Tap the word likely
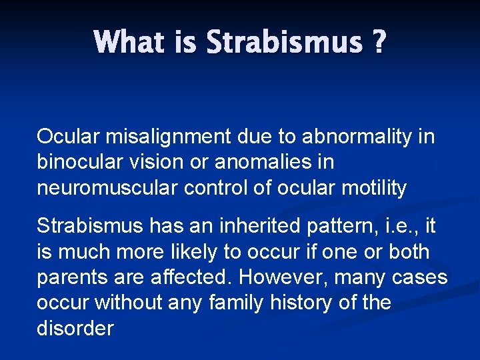[191, 253]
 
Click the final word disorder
[75, 329]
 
